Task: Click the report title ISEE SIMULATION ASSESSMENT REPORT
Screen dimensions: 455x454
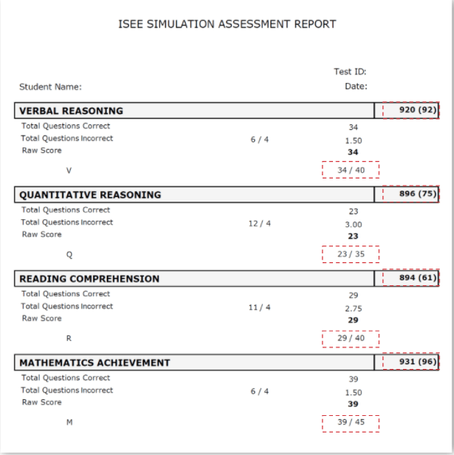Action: click(x=226, y=24)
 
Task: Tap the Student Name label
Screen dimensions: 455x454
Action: click(x=50, y=87)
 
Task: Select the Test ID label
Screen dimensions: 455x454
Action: click(x=350, y=72)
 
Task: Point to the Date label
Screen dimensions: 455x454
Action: click(x=355, y=86)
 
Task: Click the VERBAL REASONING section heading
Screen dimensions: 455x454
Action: click(x=71, y=111)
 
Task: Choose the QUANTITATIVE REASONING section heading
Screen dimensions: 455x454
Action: click(x=90, y=194)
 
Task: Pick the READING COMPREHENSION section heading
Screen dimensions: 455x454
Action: click(x=89, y=279)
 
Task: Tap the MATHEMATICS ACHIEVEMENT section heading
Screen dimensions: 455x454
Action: click(x=95, y=363)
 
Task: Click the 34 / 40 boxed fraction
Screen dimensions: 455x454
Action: click(x=350, y=170)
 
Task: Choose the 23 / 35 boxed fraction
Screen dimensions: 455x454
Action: click(x=350, y=254)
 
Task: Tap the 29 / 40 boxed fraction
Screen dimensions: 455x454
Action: click(x=350, y=339)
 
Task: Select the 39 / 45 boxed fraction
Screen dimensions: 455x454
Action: click(x=350, y=422)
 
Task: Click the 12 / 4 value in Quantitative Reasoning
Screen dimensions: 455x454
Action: click(x=260, y=223)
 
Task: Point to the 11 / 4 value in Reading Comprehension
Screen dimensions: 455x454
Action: click(x=260, y=307)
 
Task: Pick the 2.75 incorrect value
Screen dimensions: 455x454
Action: click(x=353, y=308)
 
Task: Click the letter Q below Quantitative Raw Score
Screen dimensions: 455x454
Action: click(x=68, y=255)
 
